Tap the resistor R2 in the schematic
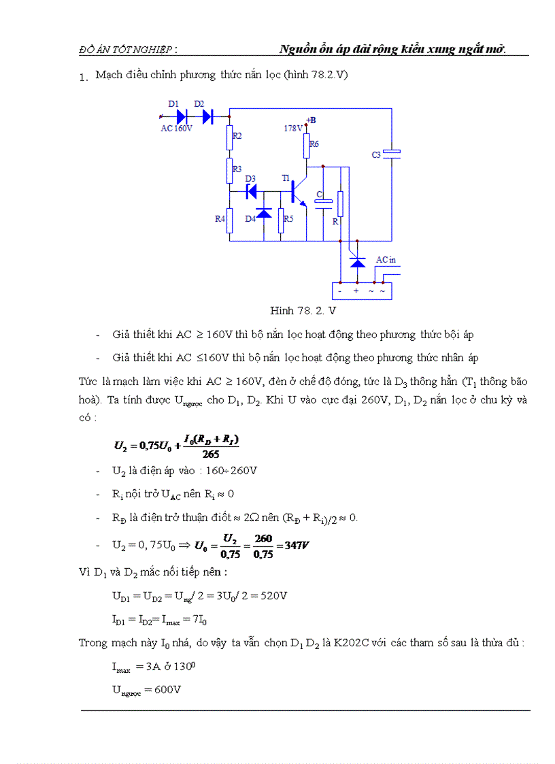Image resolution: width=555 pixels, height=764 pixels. coord(230,136)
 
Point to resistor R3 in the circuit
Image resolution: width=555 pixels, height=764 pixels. coord(230,169)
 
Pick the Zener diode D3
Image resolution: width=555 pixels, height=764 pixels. coord(251,191)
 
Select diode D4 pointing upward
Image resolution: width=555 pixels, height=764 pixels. coord(263,213)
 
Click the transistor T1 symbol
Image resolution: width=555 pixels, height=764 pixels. coord(298,192)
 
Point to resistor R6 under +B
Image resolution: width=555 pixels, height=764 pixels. coord(307,144)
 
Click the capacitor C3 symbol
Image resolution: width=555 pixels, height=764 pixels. coord(391,154)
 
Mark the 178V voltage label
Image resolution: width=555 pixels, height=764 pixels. coord(293,128)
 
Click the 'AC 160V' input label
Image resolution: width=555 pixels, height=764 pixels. coord(176,128)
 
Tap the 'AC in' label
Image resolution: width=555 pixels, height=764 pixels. coord(386,260)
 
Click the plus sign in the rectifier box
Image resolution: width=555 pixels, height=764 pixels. coord(356,291)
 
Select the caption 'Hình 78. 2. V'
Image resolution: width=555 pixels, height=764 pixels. coord(303,311)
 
